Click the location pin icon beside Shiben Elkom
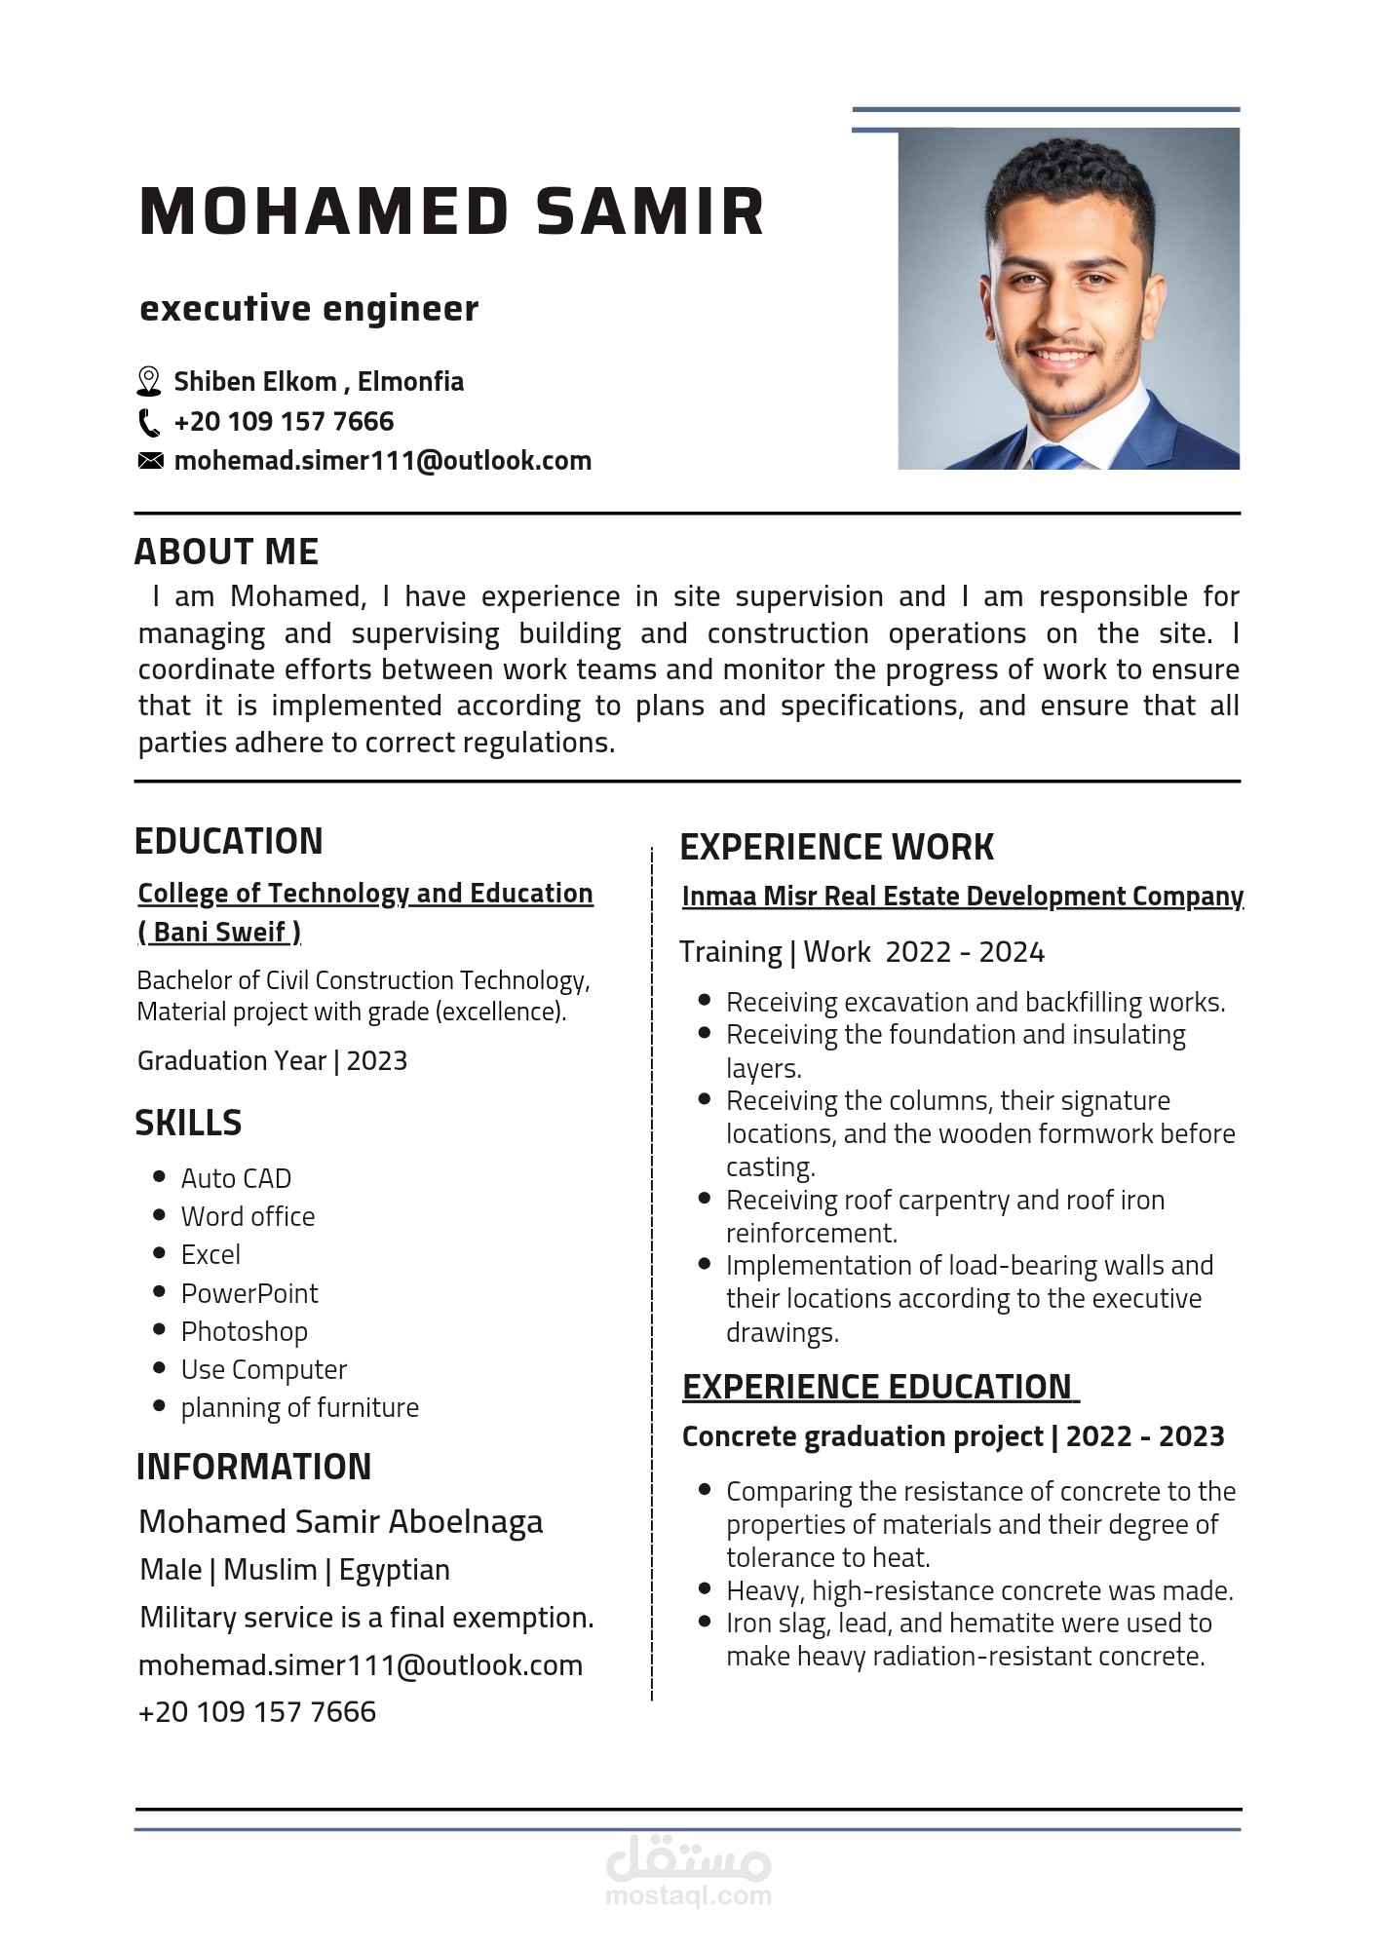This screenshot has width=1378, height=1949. [x=148, y=381]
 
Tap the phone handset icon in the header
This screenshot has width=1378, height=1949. [x=148, y=422]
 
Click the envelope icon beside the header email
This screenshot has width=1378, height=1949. [x=150, y=461]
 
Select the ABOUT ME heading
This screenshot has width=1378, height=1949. [x=226, y=552]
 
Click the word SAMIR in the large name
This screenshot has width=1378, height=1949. [x=650, y=211]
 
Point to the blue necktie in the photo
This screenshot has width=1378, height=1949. [x=1055, y=456]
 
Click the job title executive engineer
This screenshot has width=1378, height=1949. [x=309, y=308]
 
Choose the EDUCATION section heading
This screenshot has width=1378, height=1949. [x=228, y=841]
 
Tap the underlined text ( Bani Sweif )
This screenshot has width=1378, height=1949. [x=219, y=932]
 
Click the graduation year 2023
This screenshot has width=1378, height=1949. [x=376, y=1060]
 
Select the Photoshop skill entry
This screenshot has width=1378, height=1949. [x=244, y=1331]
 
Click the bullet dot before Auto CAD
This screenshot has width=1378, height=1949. [x=160, y=1177]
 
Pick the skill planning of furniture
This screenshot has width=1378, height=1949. [x=299, y=1407]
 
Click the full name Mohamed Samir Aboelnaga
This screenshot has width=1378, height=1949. [x=340, y=1521]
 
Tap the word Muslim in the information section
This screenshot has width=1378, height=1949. [x=270, y=1570]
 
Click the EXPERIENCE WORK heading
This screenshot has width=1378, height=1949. [x=836, y=847]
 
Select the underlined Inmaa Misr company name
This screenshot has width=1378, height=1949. [x=962, y=896]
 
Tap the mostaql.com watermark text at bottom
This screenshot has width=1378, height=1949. [x=688, y=1895]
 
